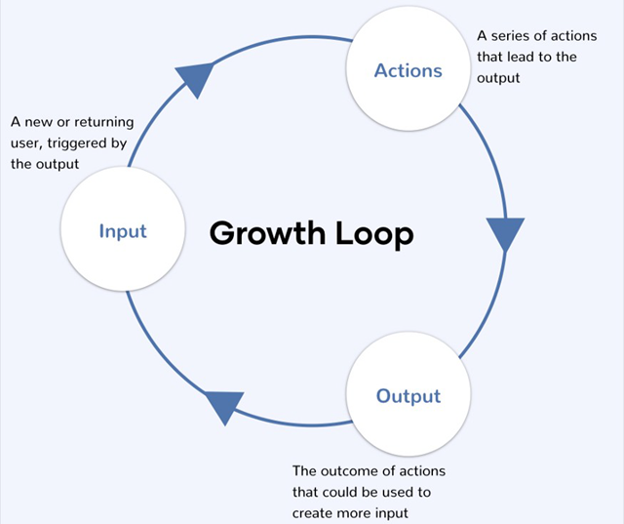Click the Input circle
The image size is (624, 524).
[123, 231]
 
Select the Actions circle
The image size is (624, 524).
[409, 71]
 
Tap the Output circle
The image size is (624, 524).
[409, 396]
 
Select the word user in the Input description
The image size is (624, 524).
[25, 143]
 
